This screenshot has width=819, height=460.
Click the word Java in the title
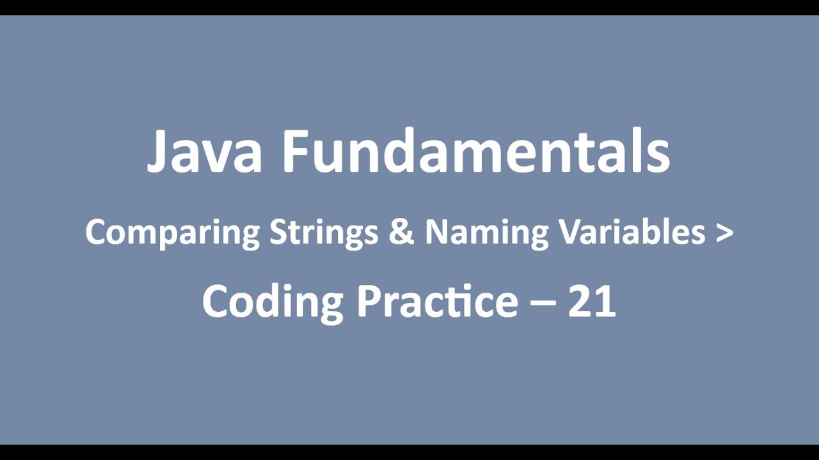tap(204, 153)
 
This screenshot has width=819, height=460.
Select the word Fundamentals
tap(476, 153)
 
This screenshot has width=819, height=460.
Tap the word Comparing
tap(172, 233)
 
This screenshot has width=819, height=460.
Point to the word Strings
tap(323, 233)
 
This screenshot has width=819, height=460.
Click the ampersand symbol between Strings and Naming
tap(401, 232)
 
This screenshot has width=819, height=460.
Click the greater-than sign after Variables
tap(725, 233)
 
